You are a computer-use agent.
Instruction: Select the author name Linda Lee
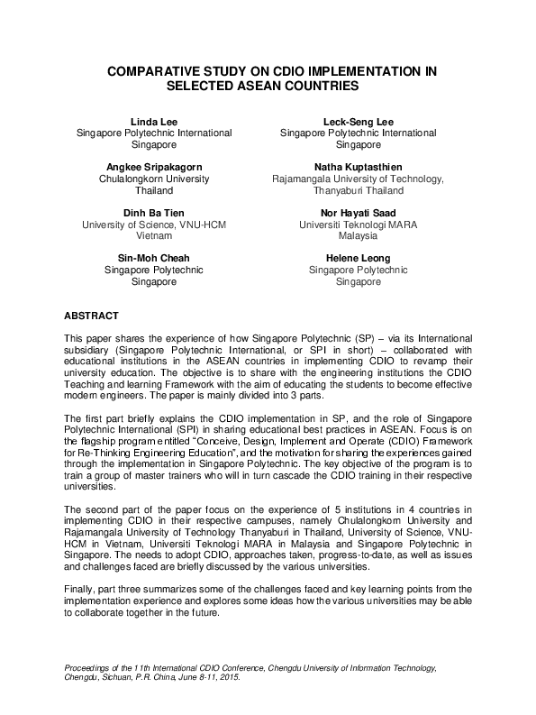[153, 121]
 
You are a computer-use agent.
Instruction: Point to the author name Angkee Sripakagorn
[153, 167]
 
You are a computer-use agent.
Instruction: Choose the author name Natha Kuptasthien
[358, 167]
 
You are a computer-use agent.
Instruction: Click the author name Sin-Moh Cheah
[153, 259]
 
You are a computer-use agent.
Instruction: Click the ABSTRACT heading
[91, 316]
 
